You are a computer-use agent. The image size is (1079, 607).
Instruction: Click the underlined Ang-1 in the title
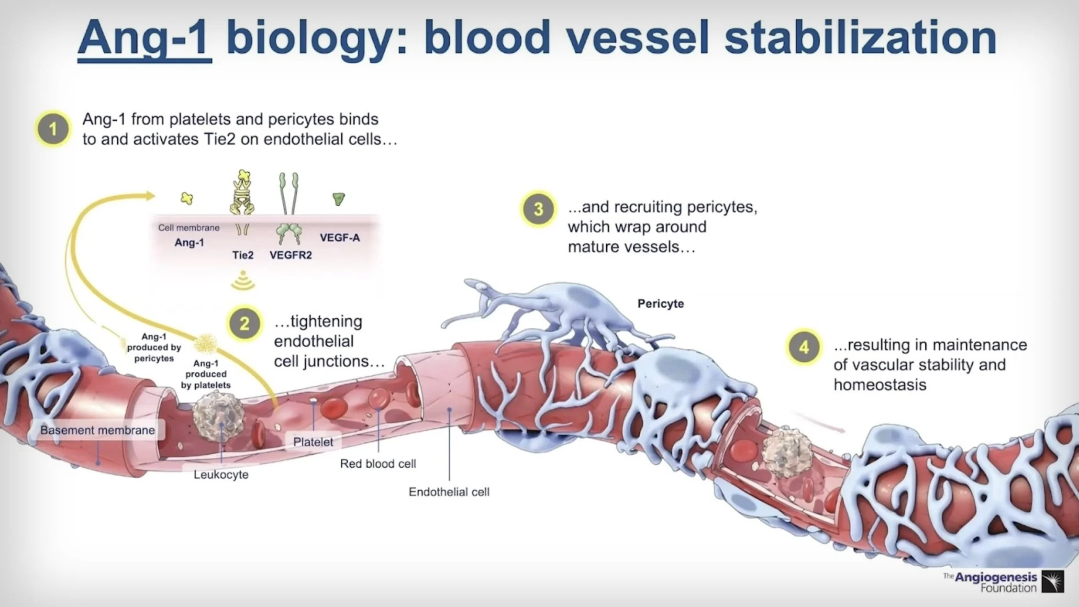144,38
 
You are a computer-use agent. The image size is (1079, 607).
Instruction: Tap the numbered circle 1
53,129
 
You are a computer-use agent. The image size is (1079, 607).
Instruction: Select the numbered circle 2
245,324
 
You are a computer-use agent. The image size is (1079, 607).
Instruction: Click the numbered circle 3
538,209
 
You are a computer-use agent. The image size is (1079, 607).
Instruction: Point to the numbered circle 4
804,347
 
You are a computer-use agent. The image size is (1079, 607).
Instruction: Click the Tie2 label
243,255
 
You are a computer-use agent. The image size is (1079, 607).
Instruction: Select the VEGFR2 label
290,255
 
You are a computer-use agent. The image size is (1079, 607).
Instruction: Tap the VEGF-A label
340,237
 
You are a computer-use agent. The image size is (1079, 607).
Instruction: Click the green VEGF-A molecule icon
339,198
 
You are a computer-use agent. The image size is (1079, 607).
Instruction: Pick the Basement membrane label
98,430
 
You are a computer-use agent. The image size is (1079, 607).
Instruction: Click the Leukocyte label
221,474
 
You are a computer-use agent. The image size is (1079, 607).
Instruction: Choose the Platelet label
313,442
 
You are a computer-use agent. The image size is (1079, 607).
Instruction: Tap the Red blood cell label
378,463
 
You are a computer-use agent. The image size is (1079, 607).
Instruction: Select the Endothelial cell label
449,492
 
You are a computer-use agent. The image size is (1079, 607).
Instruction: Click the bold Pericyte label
661,303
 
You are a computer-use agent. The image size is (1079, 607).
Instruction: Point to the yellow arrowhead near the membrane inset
150,195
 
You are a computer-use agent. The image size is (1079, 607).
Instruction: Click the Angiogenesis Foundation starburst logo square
1053,581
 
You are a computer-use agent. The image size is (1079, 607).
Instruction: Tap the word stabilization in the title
860,38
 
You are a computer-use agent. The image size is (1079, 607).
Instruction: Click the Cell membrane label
189,227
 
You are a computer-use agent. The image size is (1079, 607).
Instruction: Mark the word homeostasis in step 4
880,384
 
